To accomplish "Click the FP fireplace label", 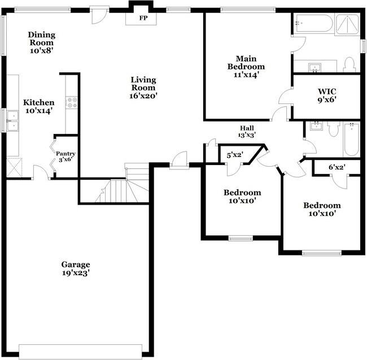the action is click(x=143, y=18).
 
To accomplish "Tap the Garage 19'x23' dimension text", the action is click(x=76, y=273).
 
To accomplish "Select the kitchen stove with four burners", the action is click(x=71, y=102).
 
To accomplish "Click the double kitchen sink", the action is click(x=12, y=121).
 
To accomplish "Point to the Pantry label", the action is click(x=65, y=154).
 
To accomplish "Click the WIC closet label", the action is click(x=327, y=92).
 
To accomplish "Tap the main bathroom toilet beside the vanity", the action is click(x=349, y=64).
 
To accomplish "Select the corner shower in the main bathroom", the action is click(x=347, y=25).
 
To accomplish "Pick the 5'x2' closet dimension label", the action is click(x=235, y=155).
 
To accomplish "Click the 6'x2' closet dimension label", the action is click(x=337, y=167).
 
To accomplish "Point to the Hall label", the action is click(x=247, y=128).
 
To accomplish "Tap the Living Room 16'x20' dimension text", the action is click(x=143, y=96).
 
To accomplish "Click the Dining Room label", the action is click(x=42, y=38).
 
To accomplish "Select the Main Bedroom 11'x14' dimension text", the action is click(x=246, y=75).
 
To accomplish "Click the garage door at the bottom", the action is click(x=81, y=352).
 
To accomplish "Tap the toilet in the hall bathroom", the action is click(x=334, y=129).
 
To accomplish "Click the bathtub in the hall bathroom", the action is click(x=351, y=139).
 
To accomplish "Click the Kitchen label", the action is click(x=39, y=102).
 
